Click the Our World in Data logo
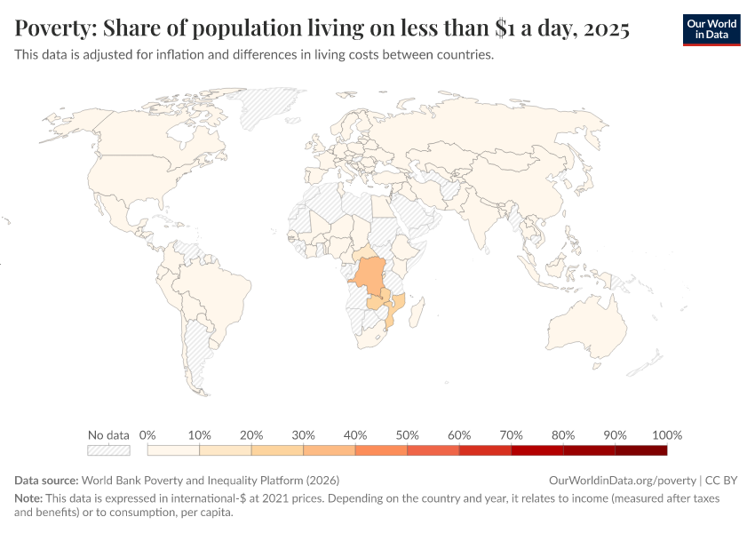click(x=711, y=28)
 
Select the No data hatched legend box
click(x=109, y=450)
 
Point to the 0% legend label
click(x=147, y=435)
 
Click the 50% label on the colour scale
click(x=408, y=435)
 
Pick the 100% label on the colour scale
click(x=666, y=435)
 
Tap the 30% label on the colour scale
click(x=304, y=435)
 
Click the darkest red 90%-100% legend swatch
click(x=640, y=450)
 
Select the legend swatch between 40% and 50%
click(x=381, y=450)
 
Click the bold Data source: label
click(x=46, y=480)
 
